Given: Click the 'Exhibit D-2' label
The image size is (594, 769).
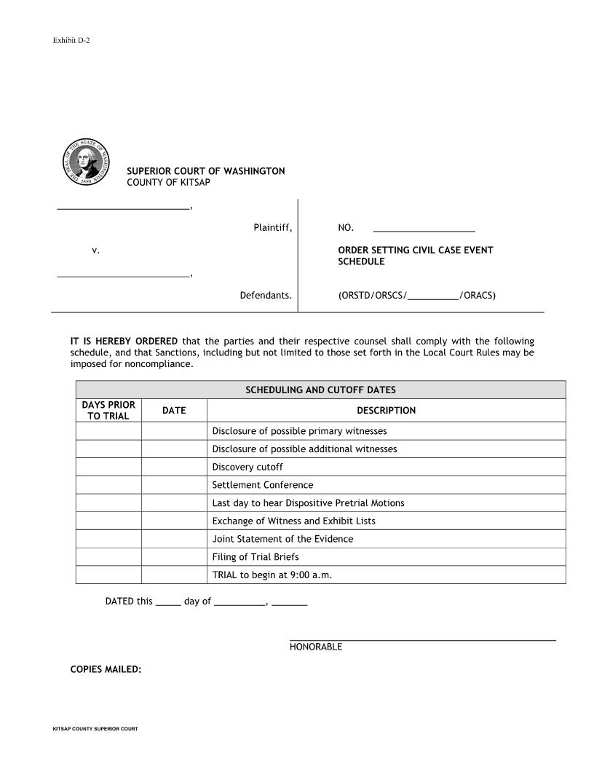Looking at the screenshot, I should point(71,40).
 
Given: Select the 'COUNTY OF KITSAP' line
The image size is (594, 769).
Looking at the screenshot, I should point(168,182).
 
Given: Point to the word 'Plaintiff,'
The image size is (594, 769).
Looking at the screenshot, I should point(272,228).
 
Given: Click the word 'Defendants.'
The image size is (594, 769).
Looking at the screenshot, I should point(266,296).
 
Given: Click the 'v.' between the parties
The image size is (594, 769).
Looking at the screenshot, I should point(95,251).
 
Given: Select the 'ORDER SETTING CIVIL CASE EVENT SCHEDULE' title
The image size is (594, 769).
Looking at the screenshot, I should point(415,256).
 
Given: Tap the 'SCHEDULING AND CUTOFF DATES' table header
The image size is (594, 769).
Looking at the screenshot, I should point(320,390).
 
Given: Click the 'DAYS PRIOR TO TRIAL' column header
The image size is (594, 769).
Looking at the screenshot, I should point(108,411).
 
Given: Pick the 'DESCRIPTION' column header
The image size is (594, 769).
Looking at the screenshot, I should point(386,411).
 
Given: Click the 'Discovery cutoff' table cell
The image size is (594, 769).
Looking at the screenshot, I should point(247,467).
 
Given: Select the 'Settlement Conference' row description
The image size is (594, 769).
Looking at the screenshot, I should point(262,485).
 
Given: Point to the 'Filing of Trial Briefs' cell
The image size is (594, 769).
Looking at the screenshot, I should point(255,557).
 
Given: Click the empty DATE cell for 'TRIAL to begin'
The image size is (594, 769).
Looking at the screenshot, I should point(174,575).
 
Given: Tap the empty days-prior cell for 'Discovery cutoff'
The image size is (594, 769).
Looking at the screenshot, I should point(108,467).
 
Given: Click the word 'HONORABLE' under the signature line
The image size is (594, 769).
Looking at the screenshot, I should point(315,647).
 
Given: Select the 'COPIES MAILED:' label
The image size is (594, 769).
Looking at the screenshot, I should point(106,669).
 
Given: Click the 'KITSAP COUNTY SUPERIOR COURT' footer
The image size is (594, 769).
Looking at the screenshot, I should point(95,729).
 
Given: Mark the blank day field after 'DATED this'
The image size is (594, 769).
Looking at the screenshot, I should point(168,602).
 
